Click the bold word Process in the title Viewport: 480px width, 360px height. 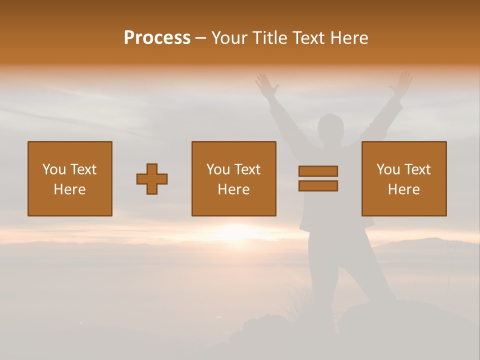pyautogui.click(x=157, y=38)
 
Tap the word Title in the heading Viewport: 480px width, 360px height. pyautogui.click(x=271, y=38)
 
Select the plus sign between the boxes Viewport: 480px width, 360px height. pyautogui.click(x=152, y=179)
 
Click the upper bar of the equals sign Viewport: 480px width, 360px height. pyautogui.click(x=318, y=171)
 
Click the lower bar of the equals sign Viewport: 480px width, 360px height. pyautogui.click(x=318, y=186)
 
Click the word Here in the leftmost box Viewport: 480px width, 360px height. pyautogui.click(x=69, y=189)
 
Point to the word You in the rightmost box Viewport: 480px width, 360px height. pyautogui.click(x=388, y=169)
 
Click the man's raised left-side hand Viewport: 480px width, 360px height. pyautogui.click(x=267, y=85)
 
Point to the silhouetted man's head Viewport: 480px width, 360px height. pyautogui.click(x=331, y=127)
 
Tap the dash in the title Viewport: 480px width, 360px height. pyautogui.click(x=201, y=38)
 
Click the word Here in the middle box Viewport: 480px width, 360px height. pyautogui.click(x=233, y=189)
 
